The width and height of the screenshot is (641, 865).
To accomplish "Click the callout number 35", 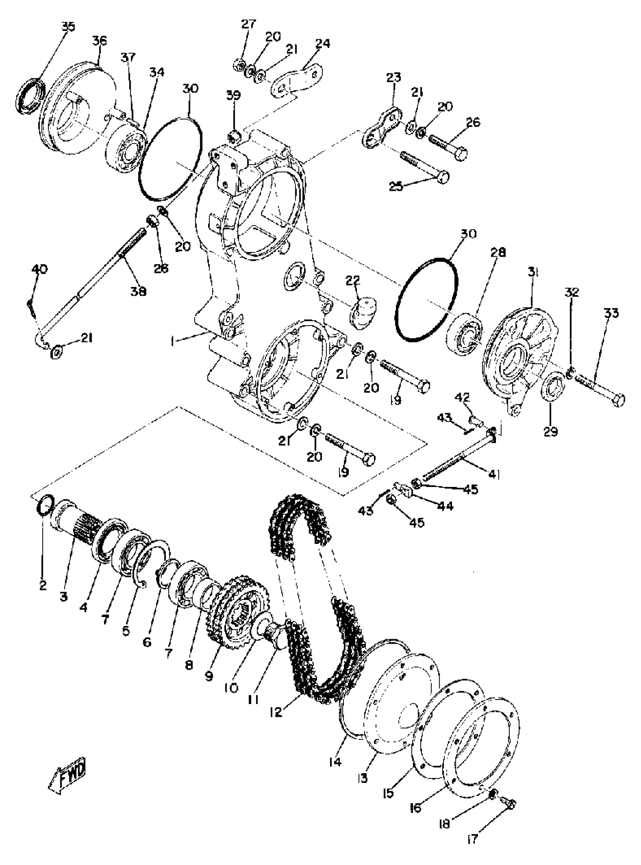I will [68, 27].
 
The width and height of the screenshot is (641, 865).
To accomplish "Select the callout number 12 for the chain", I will [276, 711].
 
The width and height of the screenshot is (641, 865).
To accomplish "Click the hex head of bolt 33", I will [618, 400].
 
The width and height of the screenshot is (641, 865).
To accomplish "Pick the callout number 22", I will [353, 280].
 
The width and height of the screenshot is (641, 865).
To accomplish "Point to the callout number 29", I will [550, 431].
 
